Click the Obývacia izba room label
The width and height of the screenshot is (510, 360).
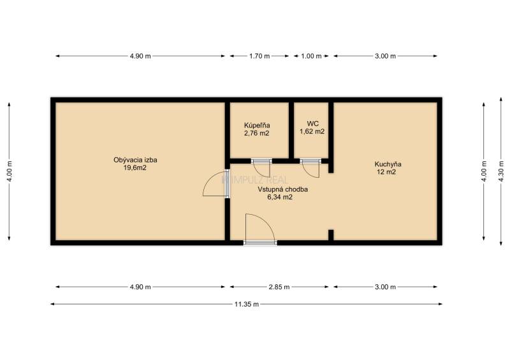(135, 160)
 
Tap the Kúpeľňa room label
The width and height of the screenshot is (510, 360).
(257, 125)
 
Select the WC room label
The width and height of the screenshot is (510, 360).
(312, 124)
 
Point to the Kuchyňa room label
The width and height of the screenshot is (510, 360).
(388, 164)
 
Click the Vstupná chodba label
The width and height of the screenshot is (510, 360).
(282, 189)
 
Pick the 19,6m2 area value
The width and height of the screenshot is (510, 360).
(135, 168)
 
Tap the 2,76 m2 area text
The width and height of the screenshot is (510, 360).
(257, 133)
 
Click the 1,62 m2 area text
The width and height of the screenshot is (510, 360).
(312, 131)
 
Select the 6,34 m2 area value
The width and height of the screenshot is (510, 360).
(280, 197)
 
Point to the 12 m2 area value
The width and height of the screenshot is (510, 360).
(386, 172)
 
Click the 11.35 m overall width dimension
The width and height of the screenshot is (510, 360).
(247, 305)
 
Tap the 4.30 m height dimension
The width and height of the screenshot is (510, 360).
(501, 171)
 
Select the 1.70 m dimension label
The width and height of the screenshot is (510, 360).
(259, 56)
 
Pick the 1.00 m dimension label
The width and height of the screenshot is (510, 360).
(311, 56)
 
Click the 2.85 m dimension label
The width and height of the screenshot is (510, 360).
(279, 287)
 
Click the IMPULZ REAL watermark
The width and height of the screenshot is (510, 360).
(254, 180)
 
